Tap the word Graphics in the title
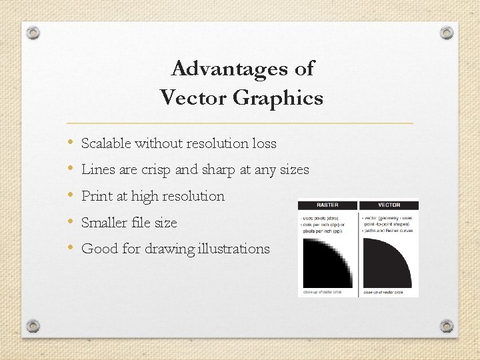[277, 99]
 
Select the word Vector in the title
[193, 99]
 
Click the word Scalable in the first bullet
[106, 143]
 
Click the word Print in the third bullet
[95, 196]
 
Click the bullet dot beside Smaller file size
[70, 222]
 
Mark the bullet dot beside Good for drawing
[70, 248]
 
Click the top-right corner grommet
[447, 33]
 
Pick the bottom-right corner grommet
[447, 326]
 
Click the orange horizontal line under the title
[240, 123]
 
